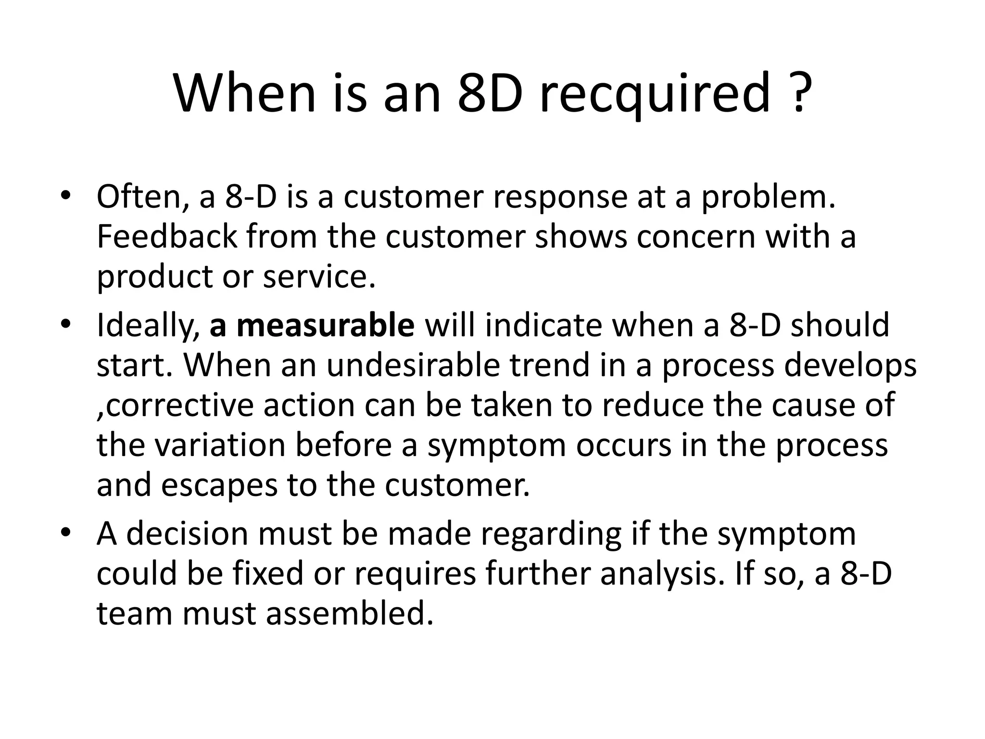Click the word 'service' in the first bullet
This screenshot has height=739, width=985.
(318, 277)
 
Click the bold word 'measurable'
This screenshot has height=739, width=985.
(325, 325)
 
